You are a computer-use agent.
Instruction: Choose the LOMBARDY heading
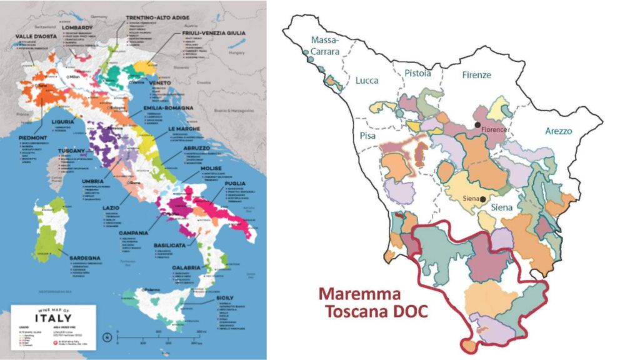pyautogui.click(x=78, y=28)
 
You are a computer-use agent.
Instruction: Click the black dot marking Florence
pyautogui.click(x=477, y=125)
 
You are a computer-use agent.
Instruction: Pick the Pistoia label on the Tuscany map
pyautogui.click(x=417, y=73)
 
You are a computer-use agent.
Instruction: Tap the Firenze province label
pyautogui.click(x=476, y=74)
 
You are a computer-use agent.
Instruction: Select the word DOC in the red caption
pyautogui.click(x=407, y=311)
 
